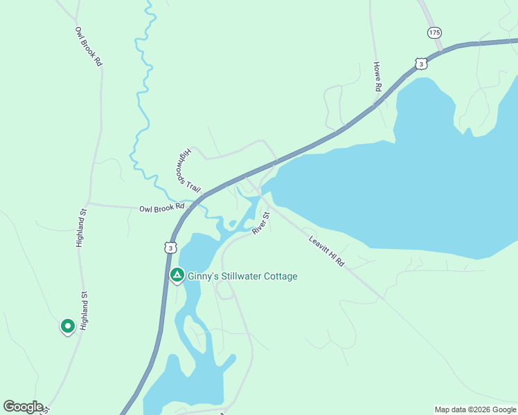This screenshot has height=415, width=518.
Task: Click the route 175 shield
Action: click(434, 33)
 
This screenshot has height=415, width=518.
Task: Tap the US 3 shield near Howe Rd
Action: click(421, 64)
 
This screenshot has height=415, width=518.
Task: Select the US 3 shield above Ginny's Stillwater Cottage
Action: click(170, 247)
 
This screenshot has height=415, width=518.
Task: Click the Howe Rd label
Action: click(378, 77)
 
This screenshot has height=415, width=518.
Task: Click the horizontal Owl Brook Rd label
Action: click(161, 207)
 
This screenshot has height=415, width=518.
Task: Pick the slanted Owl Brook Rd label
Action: click(89, 46)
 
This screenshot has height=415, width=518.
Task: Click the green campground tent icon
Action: click(177, 275)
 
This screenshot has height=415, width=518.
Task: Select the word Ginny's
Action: click(205, 277)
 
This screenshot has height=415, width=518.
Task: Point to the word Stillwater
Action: click(244, 277)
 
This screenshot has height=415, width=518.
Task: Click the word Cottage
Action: click(282, 277)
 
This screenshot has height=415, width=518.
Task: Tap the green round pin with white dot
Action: click(67, 325)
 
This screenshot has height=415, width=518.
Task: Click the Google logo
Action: click(23, 407)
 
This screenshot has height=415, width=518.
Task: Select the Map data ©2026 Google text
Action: click(474, 409)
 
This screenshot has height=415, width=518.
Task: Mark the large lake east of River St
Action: click(416, 187)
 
